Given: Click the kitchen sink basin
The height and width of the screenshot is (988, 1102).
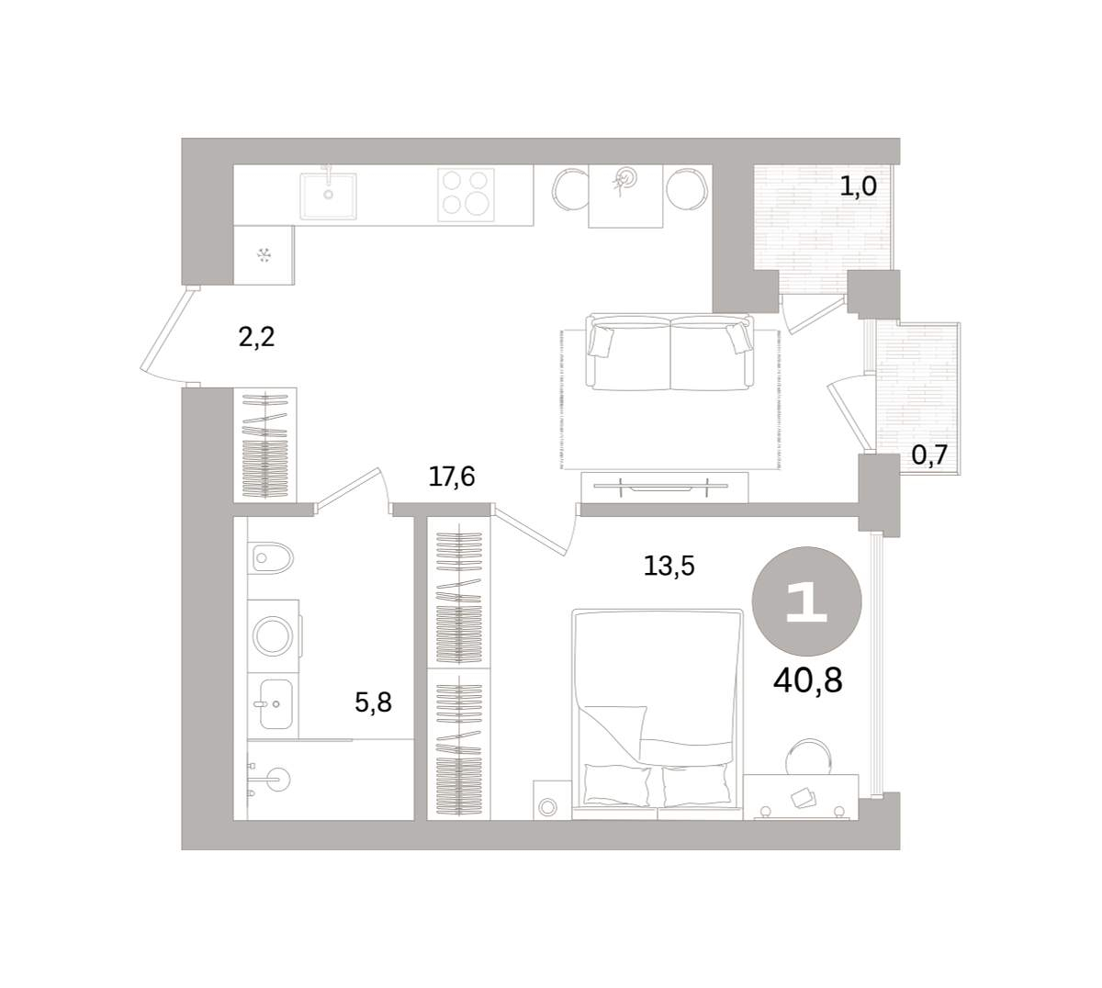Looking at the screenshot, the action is coord(328,196).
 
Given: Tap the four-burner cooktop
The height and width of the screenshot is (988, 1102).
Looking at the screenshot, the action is coord(466,195).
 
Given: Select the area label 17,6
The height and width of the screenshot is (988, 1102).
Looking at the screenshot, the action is coord(452,477).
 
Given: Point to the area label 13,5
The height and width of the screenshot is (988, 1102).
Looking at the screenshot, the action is coord(669,566).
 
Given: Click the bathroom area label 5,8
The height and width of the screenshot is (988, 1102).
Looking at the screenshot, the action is coord(373,702).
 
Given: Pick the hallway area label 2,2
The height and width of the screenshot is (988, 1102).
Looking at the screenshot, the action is coord(256,337).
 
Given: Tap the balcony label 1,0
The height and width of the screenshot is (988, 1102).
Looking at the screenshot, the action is coord(859,186).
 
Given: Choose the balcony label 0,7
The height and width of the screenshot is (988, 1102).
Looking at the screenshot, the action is coord(929,455).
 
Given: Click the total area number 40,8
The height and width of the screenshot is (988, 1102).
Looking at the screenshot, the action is coord(808,680).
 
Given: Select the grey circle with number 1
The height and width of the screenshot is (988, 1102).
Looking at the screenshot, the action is coord(806,601).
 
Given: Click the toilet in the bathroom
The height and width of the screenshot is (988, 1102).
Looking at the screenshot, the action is coord(270,557).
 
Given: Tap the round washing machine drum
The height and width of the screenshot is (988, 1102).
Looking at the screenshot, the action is coord(273,635).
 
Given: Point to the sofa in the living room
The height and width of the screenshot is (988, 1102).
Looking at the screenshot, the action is coord(670,352).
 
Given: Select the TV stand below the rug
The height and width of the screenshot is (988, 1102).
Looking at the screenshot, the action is coord(665,487).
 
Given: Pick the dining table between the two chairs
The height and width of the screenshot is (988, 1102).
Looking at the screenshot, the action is coord(625,196).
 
